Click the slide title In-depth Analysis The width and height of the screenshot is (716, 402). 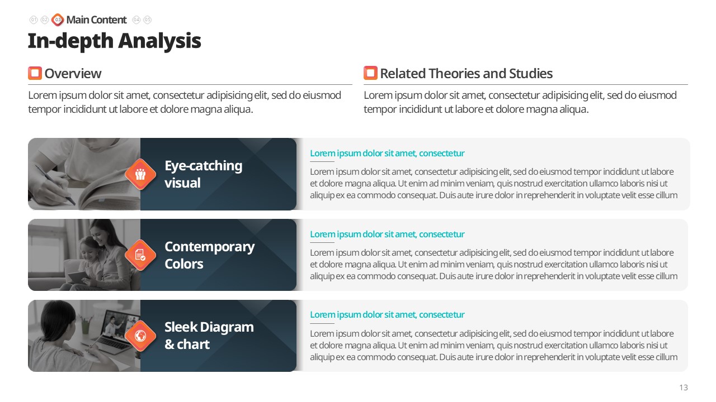tap(115, 41)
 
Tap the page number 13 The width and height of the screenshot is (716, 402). tap(684, 387)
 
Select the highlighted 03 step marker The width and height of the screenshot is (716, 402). tap(58, 20)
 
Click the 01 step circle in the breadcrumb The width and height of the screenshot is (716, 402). tap(34, 20)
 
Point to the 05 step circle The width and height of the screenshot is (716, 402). tap(147, 20)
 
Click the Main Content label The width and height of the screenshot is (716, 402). tap(96, 20)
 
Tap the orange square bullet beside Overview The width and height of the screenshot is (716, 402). tap(35, 73)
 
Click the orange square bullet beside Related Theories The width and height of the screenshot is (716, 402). tap(370, 73)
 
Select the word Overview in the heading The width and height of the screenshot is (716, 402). tap(73, 74)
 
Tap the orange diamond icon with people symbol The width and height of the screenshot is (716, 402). tap(140, 174)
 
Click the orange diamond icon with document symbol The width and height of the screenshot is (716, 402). tap(140, 255)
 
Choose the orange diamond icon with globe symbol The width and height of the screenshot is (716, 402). tap(140, 336)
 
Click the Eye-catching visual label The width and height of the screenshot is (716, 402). tap(203, 174)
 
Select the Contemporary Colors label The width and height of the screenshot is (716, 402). tap(209, 255)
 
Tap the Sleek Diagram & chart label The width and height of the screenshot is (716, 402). tap(209, 336)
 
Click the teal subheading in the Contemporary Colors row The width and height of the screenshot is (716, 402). tap(387, 234)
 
